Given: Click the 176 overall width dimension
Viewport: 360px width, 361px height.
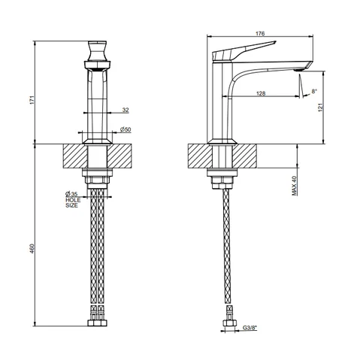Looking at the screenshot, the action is [260, 33].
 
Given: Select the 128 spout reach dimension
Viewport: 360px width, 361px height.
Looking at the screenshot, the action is [261, 93].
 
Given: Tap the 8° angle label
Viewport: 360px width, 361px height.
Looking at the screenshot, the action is [314, 91].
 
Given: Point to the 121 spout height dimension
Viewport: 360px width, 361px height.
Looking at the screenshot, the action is [321, 108].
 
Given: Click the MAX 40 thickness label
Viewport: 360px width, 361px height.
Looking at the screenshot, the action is [295, 186].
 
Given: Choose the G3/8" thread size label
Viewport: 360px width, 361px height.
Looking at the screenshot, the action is [250, 327].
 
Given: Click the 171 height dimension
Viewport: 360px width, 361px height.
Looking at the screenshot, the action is [32, 100].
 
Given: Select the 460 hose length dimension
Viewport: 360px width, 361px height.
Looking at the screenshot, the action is [32, 248].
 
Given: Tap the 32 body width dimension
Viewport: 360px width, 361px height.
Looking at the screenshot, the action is [126, 110].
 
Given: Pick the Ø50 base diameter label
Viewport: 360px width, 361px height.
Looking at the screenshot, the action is [126, 129].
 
